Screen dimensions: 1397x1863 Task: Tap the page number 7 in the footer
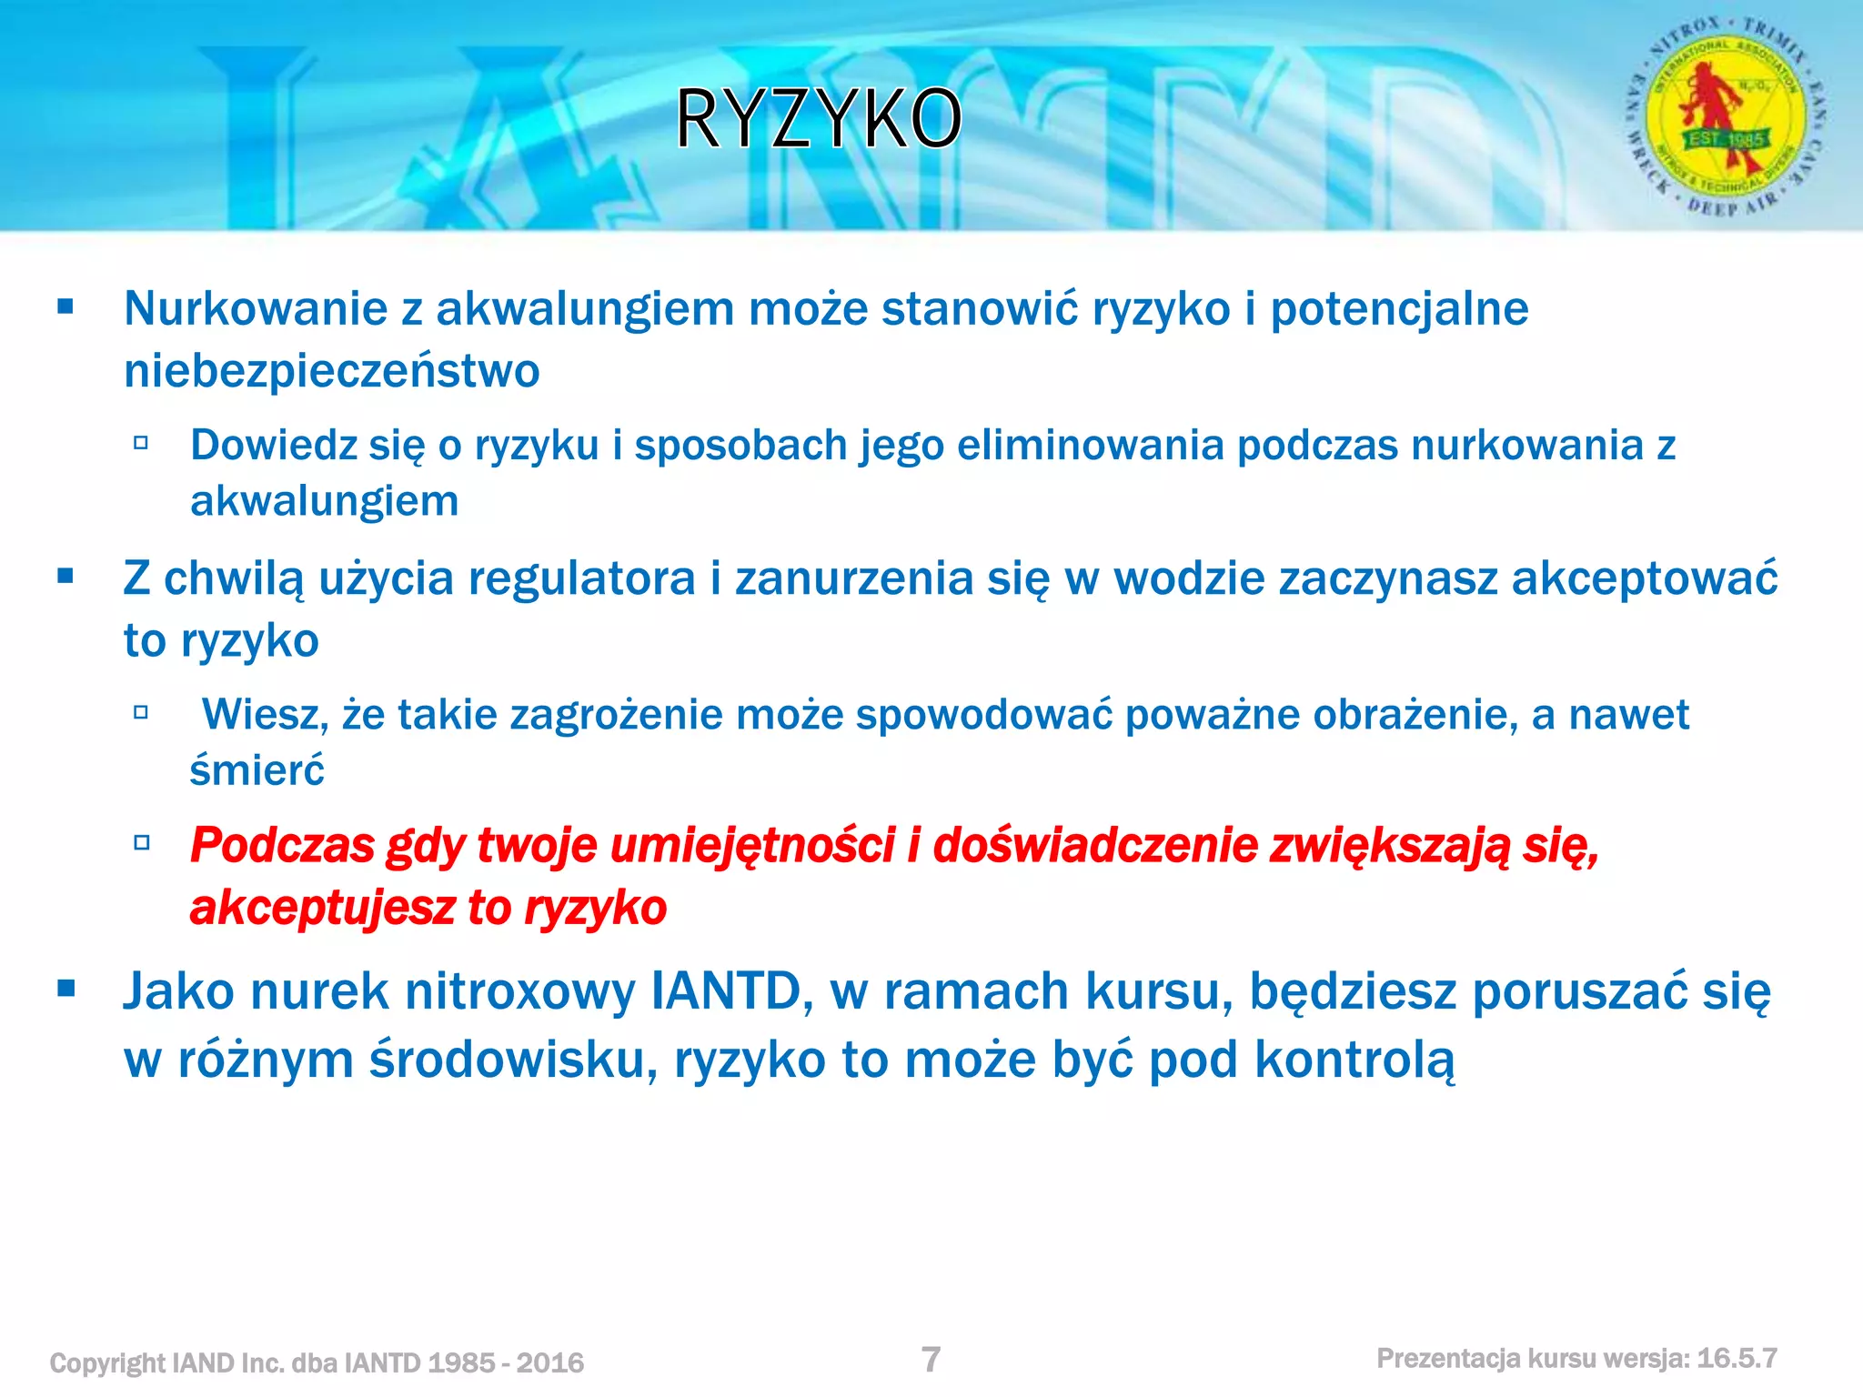tap(931, 1360)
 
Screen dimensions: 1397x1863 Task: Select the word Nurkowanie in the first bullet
tap(256, 308)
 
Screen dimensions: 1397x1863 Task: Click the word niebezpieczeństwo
tap(332, 371)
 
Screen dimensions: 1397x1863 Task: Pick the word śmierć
tap(257, 771)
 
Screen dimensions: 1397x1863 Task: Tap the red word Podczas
tap(282, 846)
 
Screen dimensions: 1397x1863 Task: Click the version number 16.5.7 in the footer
tap(1737, 1359)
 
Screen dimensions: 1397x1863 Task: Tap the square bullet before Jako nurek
tap(65, 989)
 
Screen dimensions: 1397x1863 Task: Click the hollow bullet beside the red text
tap(141, 842)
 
